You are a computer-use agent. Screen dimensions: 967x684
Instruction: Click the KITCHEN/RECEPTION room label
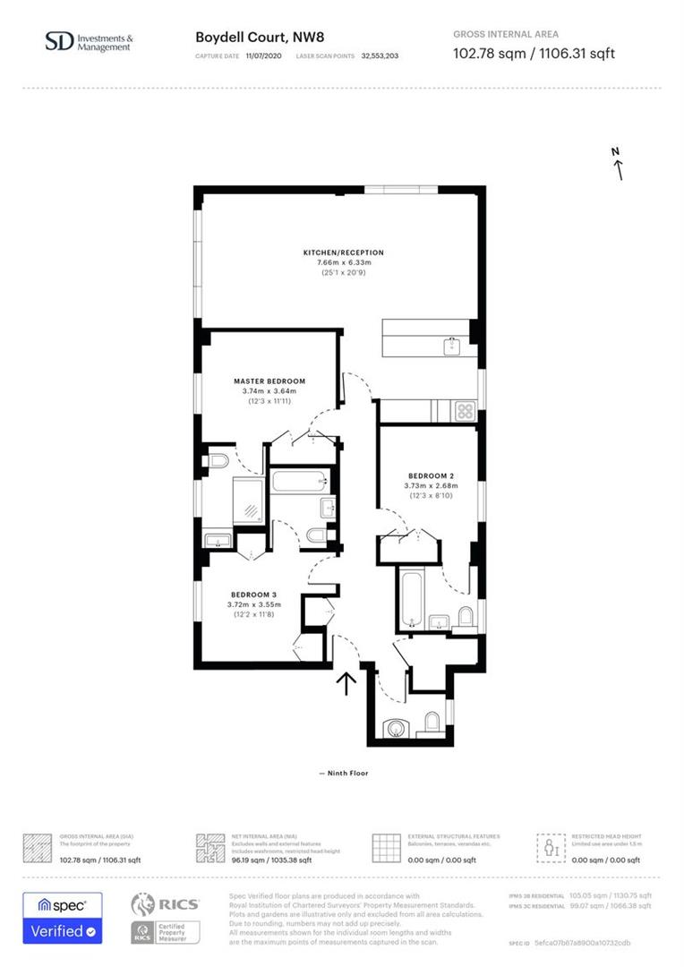tap(343, 252)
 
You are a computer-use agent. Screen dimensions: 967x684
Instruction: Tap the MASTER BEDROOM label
tap(269, 381)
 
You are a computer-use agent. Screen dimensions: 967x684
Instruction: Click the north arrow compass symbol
tap(618, 165)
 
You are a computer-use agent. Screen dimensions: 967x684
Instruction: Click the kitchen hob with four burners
tap(465, 411)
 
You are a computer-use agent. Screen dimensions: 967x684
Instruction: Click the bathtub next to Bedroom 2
tap(411, 598)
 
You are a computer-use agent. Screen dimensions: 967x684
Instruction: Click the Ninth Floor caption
tap(343, 773)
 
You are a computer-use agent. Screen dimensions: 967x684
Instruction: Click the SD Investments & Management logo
tap(89, 42)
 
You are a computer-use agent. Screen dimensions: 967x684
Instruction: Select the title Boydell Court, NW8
tap(252, 38)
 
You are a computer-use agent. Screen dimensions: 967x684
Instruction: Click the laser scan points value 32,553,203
tap(380, 56)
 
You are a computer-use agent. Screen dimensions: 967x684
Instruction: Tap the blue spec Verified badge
tap(63, 918)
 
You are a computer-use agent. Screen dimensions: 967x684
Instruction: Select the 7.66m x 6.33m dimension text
tap(343, 262)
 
